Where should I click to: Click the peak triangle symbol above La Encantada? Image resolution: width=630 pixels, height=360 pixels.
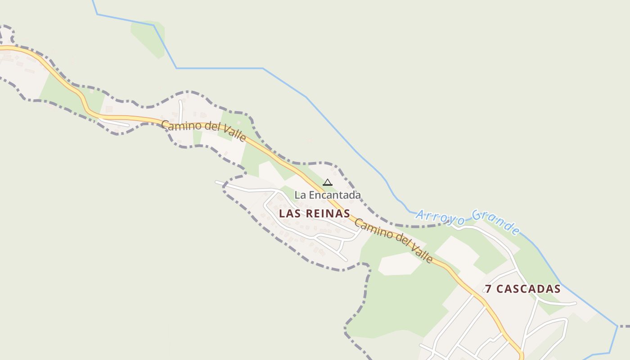(x=328, y=182)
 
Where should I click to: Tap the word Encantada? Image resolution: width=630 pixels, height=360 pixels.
(x=334, y=195)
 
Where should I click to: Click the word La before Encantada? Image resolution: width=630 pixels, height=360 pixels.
(x=300, y=195)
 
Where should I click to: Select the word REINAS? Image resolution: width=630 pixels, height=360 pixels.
(x=328, y=214)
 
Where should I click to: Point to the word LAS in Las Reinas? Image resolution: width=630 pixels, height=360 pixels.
(x=290, y=214)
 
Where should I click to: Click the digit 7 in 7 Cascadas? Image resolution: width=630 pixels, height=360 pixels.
(x=489, y=289)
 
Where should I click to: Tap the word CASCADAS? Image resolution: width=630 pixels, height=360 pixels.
(x=529, y=289)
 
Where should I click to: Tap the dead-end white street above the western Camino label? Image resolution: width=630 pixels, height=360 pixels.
(x=181, y=110)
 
